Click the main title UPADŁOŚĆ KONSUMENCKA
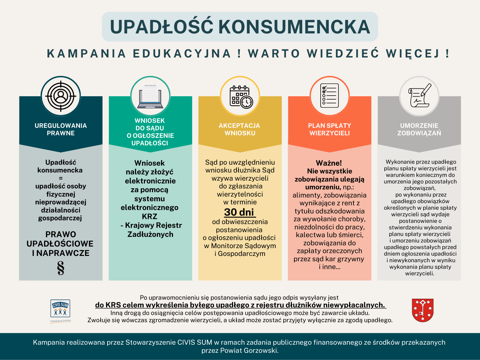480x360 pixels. (240, 27)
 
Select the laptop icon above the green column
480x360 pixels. (150, 96)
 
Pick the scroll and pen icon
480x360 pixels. (419, 96)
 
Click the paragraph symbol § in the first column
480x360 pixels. (61, 268)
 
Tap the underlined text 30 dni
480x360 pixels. (239, 212)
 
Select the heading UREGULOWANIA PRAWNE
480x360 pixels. (61, 129)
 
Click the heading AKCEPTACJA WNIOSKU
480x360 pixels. (239, 129)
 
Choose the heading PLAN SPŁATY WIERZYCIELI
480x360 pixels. (329, 129)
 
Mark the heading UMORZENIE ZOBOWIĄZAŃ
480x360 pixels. (419, 129)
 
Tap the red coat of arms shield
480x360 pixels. (422, 310)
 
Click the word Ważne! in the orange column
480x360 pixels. (329, 163)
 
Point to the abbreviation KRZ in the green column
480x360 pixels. (149, 217)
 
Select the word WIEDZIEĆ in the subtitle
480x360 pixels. (343, 54)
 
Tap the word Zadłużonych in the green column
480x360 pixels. (150, 234)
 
